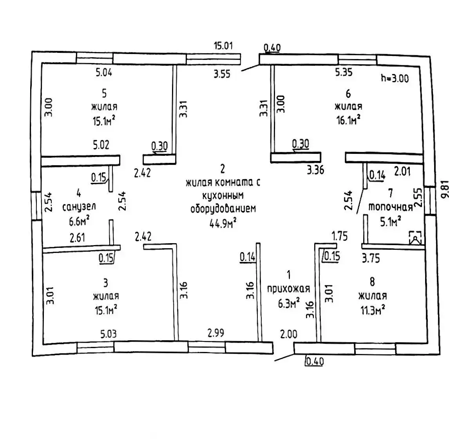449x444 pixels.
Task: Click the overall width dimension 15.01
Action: (x=223, y=45)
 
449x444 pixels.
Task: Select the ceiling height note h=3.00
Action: (x=395, y=78)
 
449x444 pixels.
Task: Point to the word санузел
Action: (x=79, y=206)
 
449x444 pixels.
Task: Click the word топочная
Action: (x=390, y=207)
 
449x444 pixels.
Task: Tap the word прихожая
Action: (x=288, y=289)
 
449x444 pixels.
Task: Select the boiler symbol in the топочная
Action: (x=415, y=238)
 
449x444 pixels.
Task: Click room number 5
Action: (x=104, y=93)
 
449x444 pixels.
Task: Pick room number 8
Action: (x=372, y=281)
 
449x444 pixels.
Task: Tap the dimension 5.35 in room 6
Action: (x=344, y=72)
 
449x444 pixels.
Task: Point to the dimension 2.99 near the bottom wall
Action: (x=216, y=333)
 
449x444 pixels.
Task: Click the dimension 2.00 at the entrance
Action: (x=288, y=334)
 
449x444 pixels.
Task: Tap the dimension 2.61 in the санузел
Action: (x=78, y=237)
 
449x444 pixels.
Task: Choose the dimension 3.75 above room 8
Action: (x=370, y=258)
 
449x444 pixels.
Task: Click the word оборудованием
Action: (x=223, y=209)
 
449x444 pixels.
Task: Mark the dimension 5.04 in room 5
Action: (x=104, y=72)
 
